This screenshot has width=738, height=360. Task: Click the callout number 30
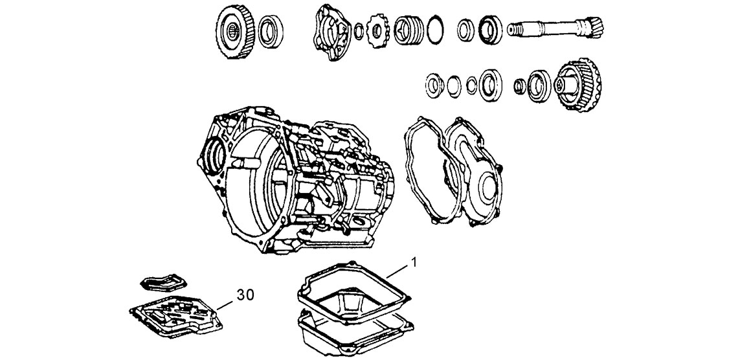pyautogui.click(x=244, y=295)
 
